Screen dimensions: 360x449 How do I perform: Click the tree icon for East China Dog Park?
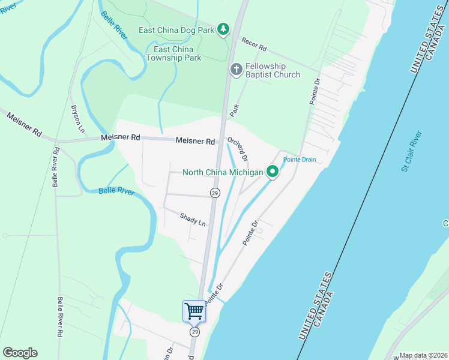tap(223, 29)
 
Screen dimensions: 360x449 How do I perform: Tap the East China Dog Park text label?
tap(176, 29)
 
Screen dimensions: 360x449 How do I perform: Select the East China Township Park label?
tap(177, 53)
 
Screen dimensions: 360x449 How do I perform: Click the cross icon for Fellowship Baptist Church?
tap(236, 70)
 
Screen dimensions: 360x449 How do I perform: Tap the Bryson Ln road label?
tap(76, 115)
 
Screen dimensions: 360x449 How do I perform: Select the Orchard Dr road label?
tap(237, 148)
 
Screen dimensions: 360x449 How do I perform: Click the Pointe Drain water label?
tap(300, 160)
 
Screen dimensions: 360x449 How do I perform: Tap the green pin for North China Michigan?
tap(273, 172)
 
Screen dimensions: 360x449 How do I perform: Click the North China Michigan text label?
tap(223, 173)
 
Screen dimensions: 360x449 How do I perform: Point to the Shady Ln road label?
tap(193, 220)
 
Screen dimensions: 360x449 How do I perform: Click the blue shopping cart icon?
tap(194, 311)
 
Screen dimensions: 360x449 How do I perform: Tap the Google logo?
tap(20, 353)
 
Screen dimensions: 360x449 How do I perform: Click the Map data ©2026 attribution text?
tap(423, 355)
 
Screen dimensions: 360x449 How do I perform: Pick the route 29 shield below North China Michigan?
tap(215, 193)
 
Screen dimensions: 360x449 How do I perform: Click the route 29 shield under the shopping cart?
tap(194, 332)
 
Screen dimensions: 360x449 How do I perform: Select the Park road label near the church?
tap(235, 110)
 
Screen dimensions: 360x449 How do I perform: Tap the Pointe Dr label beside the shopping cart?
tap(214, 294)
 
